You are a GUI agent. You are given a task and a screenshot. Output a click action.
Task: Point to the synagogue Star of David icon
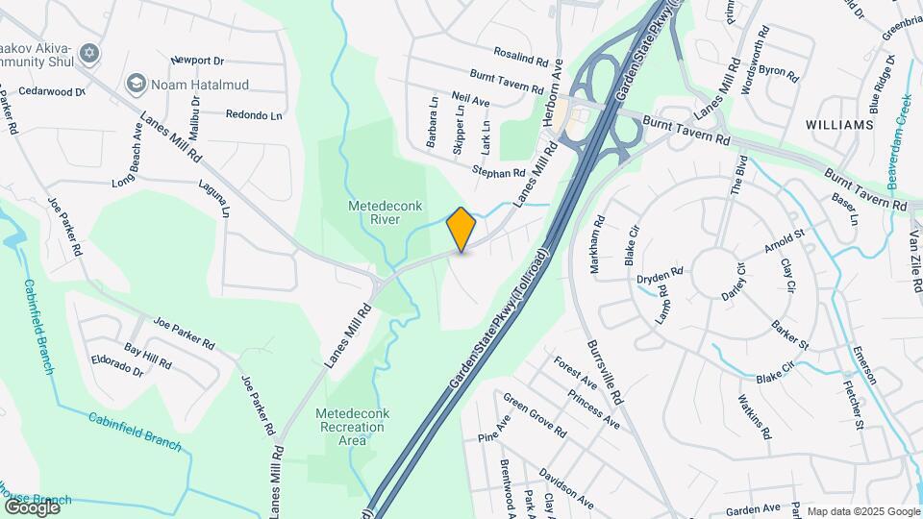(89, 52)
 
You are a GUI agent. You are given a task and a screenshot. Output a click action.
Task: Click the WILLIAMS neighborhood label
(839, 125)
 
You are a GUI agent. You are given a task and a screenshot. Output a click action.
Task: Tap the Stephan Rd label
(498, 173)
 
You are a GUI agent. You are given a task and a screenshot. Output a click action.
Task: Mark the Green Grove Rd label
(534, 417)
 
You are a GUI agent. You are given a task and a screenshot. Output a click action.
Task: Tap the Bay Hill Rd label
(147, 357)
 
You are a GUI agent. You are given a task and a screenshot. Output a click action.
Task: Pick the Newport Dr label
(195, 61)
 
